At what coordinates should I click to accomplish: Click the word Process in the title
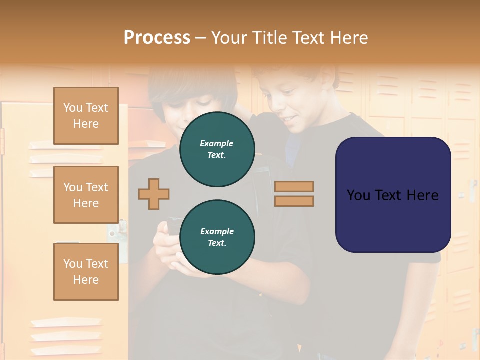click(157, 38)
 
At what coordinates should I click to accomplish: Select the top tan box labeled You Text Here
click(86, 116)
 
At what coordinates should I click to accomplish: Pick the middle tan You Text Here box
click(86, 195)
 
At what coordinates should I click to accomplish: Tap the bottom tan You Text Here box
click(86, 271)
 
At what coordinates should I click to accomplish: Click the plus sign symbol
click(154, 194)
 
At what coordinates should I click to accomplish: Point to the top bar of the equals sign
click(294, 186)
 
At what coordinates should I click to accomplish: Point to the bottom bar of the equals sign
click(294, 201)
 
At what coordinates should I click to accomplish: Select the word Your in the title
click(230, 38)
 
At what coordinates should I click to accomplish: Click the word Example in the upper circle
click(217, 143)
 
